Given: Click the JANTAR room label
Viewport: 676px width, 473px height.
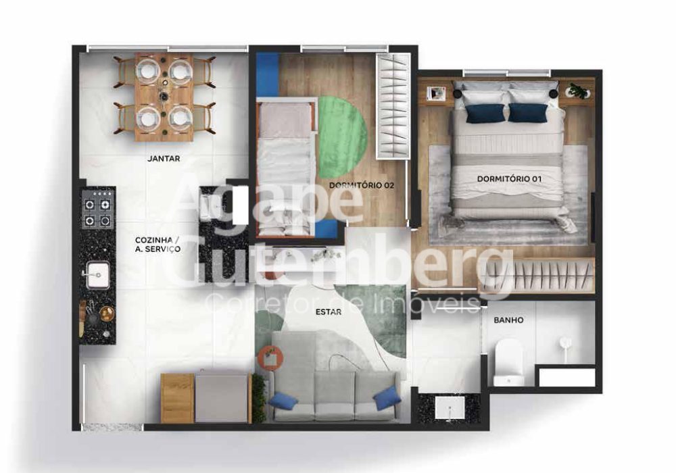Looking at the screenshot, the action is (x=164, y=159).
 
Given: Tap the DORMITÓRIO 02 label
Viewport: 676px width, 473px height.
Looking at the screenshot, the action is (x=362, y=186).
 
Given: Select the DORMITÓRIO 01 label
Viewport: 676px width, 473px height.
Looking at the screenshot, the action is (x=509, y=178).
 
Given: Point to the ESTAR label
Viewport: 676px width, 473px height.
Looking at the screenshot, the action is (x=329, y=312).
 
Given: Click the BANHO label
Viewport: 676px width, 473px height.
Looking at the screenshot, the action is (x=509, y=320).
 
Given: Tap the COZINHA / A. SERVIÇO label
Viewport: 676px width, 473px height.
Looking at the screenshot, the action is (x=158, y=244).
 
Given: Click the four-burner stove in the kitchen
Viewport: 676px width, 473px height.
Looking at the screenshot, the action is (x=97, y=209).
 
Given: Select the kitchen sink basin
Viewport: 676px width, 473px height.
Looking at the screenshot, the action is (x=97, y=275).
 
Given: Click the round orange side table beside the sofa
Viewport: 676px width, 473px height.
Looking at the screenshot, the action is (x=270, y=357).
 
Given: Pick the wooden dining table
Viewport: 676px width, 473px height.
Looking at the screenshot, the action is (x=164, y=97).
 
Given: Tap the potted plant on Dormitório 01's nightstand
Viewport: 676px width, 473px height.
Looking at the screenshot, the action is (x=578, y=91).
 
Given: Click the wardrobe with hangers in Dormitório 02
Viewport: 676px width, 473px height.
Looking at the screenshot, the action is (x=393, y=106).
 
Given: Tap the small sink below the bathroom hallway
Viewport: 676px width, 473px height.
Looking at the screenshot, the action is (x=450, y=407).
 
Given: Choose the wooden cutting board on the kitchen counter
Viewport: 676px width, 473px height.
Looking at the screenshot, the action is (x=82, y=318).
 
